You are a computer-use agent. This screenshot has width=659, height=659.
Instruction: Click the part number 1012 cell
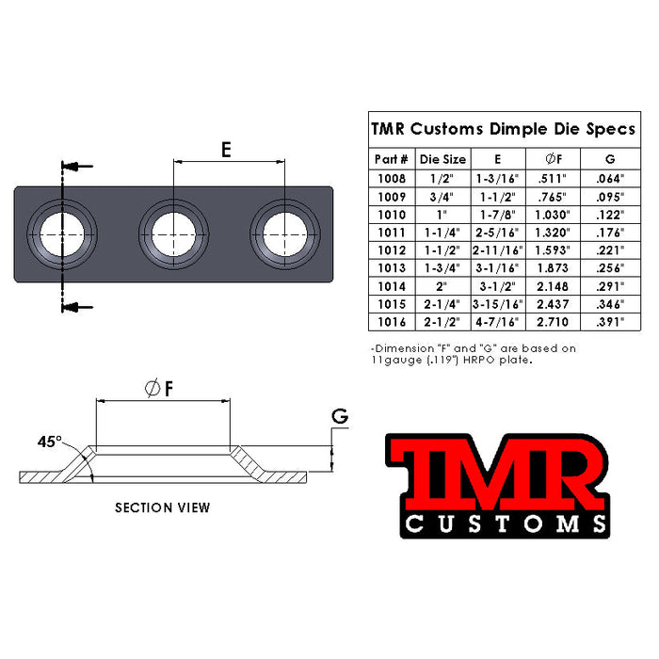392,250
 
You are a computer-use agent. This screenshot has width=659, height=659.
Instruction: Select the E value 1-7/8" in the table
498,215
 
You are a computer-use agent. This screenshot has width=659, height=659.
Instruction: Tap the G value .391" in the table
610,322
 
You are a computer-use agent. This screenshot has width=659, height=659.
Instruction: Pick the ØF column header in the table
554,159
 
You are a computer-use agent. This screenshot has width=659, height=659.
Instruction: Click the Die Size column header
443,159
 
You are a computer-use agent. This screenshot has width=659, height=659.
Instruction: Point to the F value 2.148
553,286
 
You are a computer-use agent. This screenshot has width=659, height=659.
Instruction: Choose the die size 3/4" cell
442,197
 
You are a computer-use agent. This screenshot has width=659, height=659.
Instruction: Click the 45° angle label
49,442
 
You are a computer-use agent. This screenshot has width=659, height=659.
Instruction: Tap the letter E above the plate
226,150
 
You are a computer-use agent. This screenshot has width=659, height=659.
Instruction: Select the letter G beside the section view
340,416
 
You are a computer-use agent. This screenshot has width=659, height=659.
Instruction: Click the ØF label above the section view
159,388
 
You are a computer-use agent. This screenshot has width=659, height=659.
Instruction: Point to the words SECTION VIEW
163,507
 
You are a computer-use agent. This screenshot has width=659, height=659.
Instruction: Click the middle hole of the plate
173,234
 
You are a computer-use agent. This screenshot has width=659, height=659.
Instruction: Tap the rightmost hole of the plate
285,234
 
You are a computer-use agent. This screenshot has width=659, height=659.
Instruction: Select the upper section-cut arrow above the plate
77,166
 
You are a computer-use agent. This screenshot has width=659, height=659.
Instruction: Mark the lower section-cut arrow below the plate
77,307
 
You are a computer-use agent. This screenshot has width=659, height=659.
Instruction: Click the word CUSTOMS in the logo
506,524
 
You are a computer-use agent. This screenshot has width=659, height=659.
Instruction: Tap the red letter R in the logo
568,478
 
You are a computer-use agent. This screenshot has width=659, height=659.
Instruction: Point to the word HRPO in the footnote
479,360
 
